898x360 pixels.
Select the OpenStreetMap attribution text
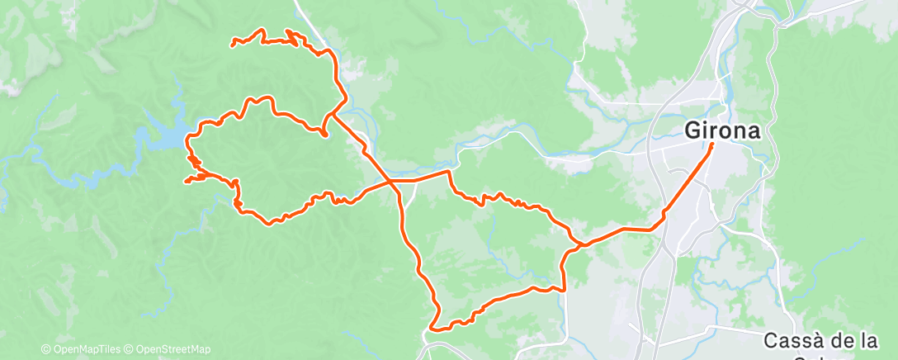click(173, 349)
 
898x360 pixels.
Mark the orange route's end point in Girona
click(712, 145)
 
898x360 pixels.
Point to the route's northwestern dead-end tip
click(232, 43)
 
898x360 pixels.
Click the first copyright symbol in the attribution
click(45, 349)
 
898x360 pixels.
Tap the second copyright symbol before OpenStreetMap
click(131, 349)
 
